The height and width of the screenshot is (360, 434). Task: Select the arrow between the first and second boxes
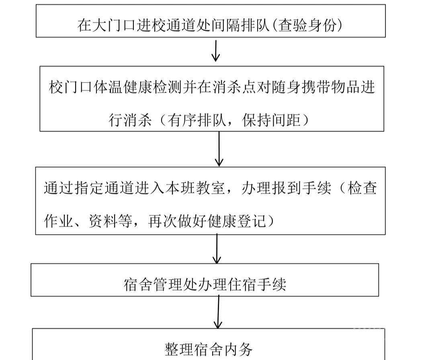pyautogui.click(x=216, y=51)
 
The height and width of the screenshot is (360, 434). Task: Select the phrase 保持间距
pyautogui.click(x=272, y=120)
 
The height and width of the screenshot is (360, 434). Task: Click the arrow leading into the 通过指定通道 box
pyautogui.click(x=219, y=149)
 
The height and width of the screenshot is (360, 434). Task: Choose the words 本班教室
pyautogui.click(x=195, y=188)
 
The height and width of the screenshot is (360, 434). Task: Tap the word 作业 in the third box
pyautogui.click(x=58, y=221)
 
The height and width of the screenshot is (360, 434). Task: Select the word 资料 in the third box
pyautogui.click(x=103, y=221)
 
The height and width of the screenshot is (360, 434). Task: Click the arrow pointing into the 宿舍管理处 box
pyautogui.click(x=217, y=249)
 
